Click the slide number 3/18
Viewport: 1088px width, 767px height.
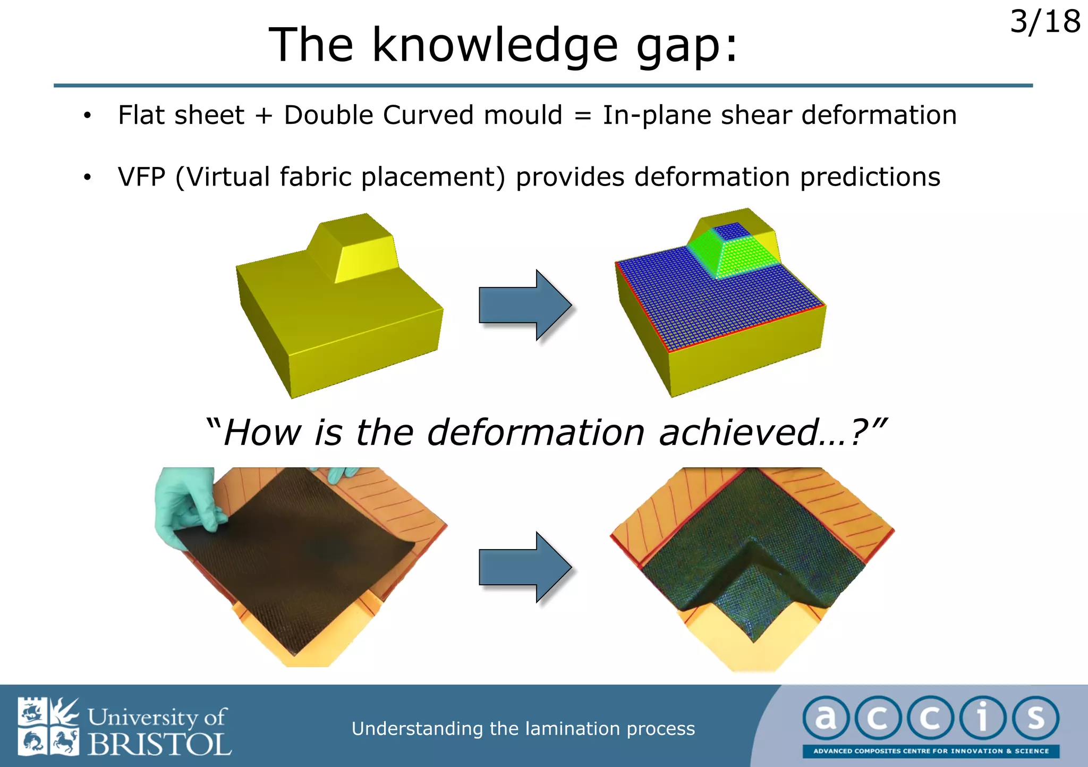(1044, 22)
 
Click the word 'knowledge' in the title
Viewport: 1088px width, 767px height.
(495, 46)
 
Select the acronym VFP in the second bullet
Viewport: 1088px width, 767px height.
(141, 177)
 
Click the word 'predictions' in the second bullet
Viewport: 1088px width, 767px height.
(870, 177)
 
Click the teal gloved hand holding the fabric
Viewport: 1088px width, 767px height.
(186, 505)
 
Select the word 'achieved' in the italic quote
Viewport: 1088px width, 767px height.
(738, 433)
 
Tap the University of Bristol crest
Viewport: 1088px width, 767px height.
(48, 726)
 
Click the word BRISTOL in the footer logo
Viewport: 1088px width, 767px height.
(159, 744)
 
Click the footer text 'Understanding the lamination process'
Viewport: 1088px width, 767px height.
(523, 729)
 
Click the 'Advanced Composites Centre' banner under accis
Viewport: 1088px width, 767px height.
(931, 751)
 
